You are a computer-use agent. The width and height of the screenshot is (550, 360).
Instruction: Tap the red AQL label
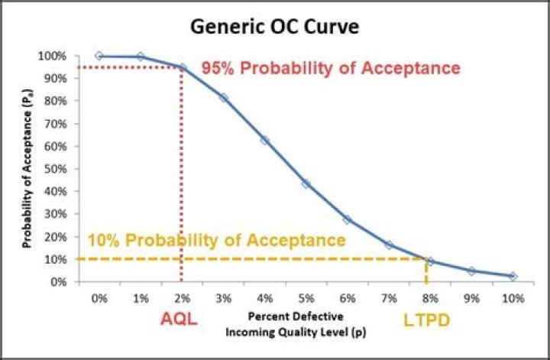(x=179, y=319)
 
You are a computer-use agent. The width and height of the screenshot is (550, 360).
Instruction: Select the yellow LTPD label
(x=425, y=320)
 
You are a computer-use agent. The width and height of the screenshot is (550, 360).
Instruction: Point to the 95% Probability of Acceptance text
(x=331, y=68)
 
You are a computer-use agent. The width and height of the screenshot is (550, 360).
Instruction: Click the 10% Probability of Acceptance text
(x=217, y=240)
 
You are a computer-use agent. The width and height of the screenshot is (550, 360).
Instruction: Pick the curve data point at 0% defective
(x=99, y=56)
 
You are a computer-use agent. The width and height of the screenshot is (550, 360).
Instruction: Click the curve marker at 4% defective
(x=264, y=140)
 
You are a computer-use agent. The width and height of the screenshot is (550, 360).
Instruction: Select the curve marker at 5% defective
(x=306, y=183)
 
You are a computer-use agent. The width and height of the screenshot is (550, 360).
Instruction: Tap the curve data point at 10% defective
(x=512, y=276)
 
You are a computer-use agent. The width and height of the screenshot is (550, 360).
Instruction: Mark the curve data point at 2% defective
(x=182, y=67)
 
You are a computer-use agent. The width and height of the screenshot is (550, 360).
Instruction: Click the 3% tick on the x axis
(x=223, y=297)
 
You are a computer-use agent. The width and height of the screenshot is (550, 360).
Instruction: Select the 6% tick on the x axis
(x=347, y=297)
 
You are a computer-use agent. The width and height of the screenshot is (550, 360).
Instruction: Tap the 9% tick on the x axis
(x=471, y=297)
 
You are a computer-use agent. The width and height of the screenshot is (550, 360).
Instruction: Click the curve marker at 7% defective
(x=388, y=245)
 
